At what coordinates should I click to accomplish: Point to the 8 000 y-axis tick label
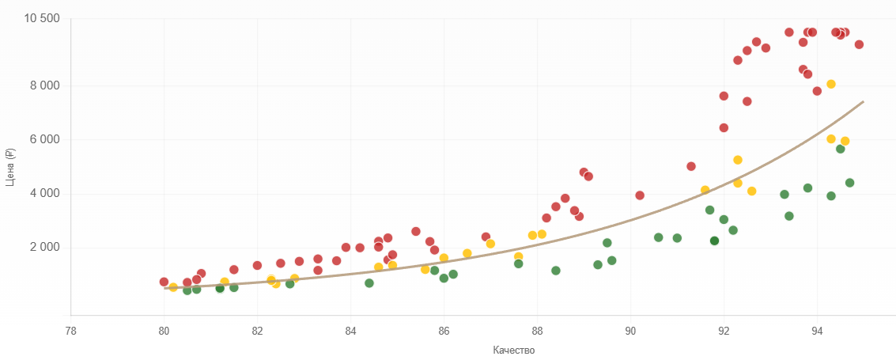click(x=44, y=85)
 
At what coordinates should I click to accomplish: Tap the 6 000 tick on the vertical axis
click(x=44, y=139)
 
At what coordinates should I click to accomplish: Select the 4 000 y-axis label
click(x=44, y=194)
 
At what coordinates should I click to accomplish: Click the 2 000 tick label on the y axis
click(x=44, y=248)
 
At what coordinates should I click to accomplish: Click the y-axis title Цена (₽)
click(x=10, y=167)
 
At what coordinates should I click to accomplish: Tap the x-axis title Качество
click(x=513, y=350)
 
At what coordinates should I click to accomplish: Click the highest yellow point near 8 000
click(x=830, y=84)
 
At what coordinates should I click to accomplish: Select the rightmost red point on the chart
click(x=859, y=44)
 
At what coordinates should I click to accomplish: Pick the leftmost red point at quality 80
click(x=164, y=282)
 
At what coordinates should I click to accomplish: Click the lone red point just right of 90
click(x=640, y=195)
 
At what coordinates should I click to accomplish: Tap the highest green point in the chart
click(x=840, y=149)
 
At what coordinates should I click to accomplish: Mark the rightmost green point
click(x=849, y=183)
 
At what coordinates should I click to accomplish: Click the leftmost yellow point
click(x=173, y=287)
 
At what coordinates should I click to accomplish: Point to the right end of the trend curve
click(x=863, y=101)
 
